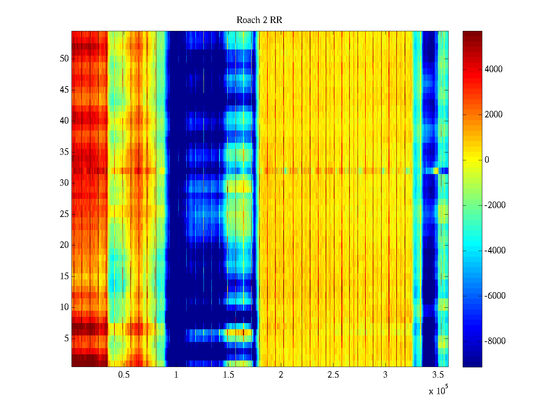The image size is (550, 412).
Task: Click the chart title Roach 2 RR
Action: pyautogui.click(x=259, y=20)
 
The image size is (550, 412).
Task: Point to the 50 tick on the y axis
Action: pyautogui.click(x=64, y=59)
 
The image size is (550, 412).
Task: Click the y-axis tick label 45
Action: pyautogui.click(x=64, y=90)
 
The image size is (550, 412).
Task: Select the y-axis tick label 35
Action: pyautogui.click(x=64, y=152)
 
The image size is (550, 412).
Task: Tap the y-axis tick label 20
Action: pyautogui.click(x=64, y=245)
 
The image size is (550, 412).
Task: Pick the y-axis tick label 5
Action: pyautogui.click(x=66, y=339)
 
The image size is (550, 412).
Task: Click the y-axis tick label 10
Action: pyautogui.click(x=64, y=307)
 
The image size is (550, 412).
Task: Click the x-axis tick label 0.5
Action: pyautogui.click(x=124, y=375)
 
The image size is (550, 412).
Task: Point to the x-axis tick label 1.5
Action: pyautogui.click(x=229, y=375)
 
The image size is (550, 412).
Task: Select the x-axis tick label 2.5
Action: pyautogui.click(x=333, y=375)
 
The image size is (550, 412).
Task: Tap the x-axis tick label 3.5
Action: pyautogui.click(x=438, y=375)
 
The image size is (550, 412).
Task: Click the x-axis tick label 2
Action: pyautogui.click(x=281, y=375)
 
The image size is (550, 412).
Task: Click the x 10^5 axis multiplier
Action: pyautogui.click(x=438, y=391)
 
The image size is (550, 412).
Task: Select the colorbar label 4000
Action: pyautogui.click(x=494, y=69)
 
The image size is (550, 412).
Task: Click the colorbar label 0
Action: pyautogui.click(x=487, y=160)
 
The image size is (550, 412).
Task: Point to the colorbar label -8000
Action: pyautogui.click(x=495, y=341)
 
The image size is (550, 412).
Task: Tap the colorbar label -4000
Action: pyautogui.click(x=495, y=251)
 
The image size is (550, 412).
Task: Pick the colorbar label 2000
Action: pyautogui.click(x=494, y=115)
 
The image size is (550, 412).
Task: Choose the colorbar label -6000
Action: pyautogui.click(x=495, y=296)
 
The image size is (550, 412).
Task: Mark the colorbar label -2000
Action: pyautogui.click(x=495, y=205)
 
